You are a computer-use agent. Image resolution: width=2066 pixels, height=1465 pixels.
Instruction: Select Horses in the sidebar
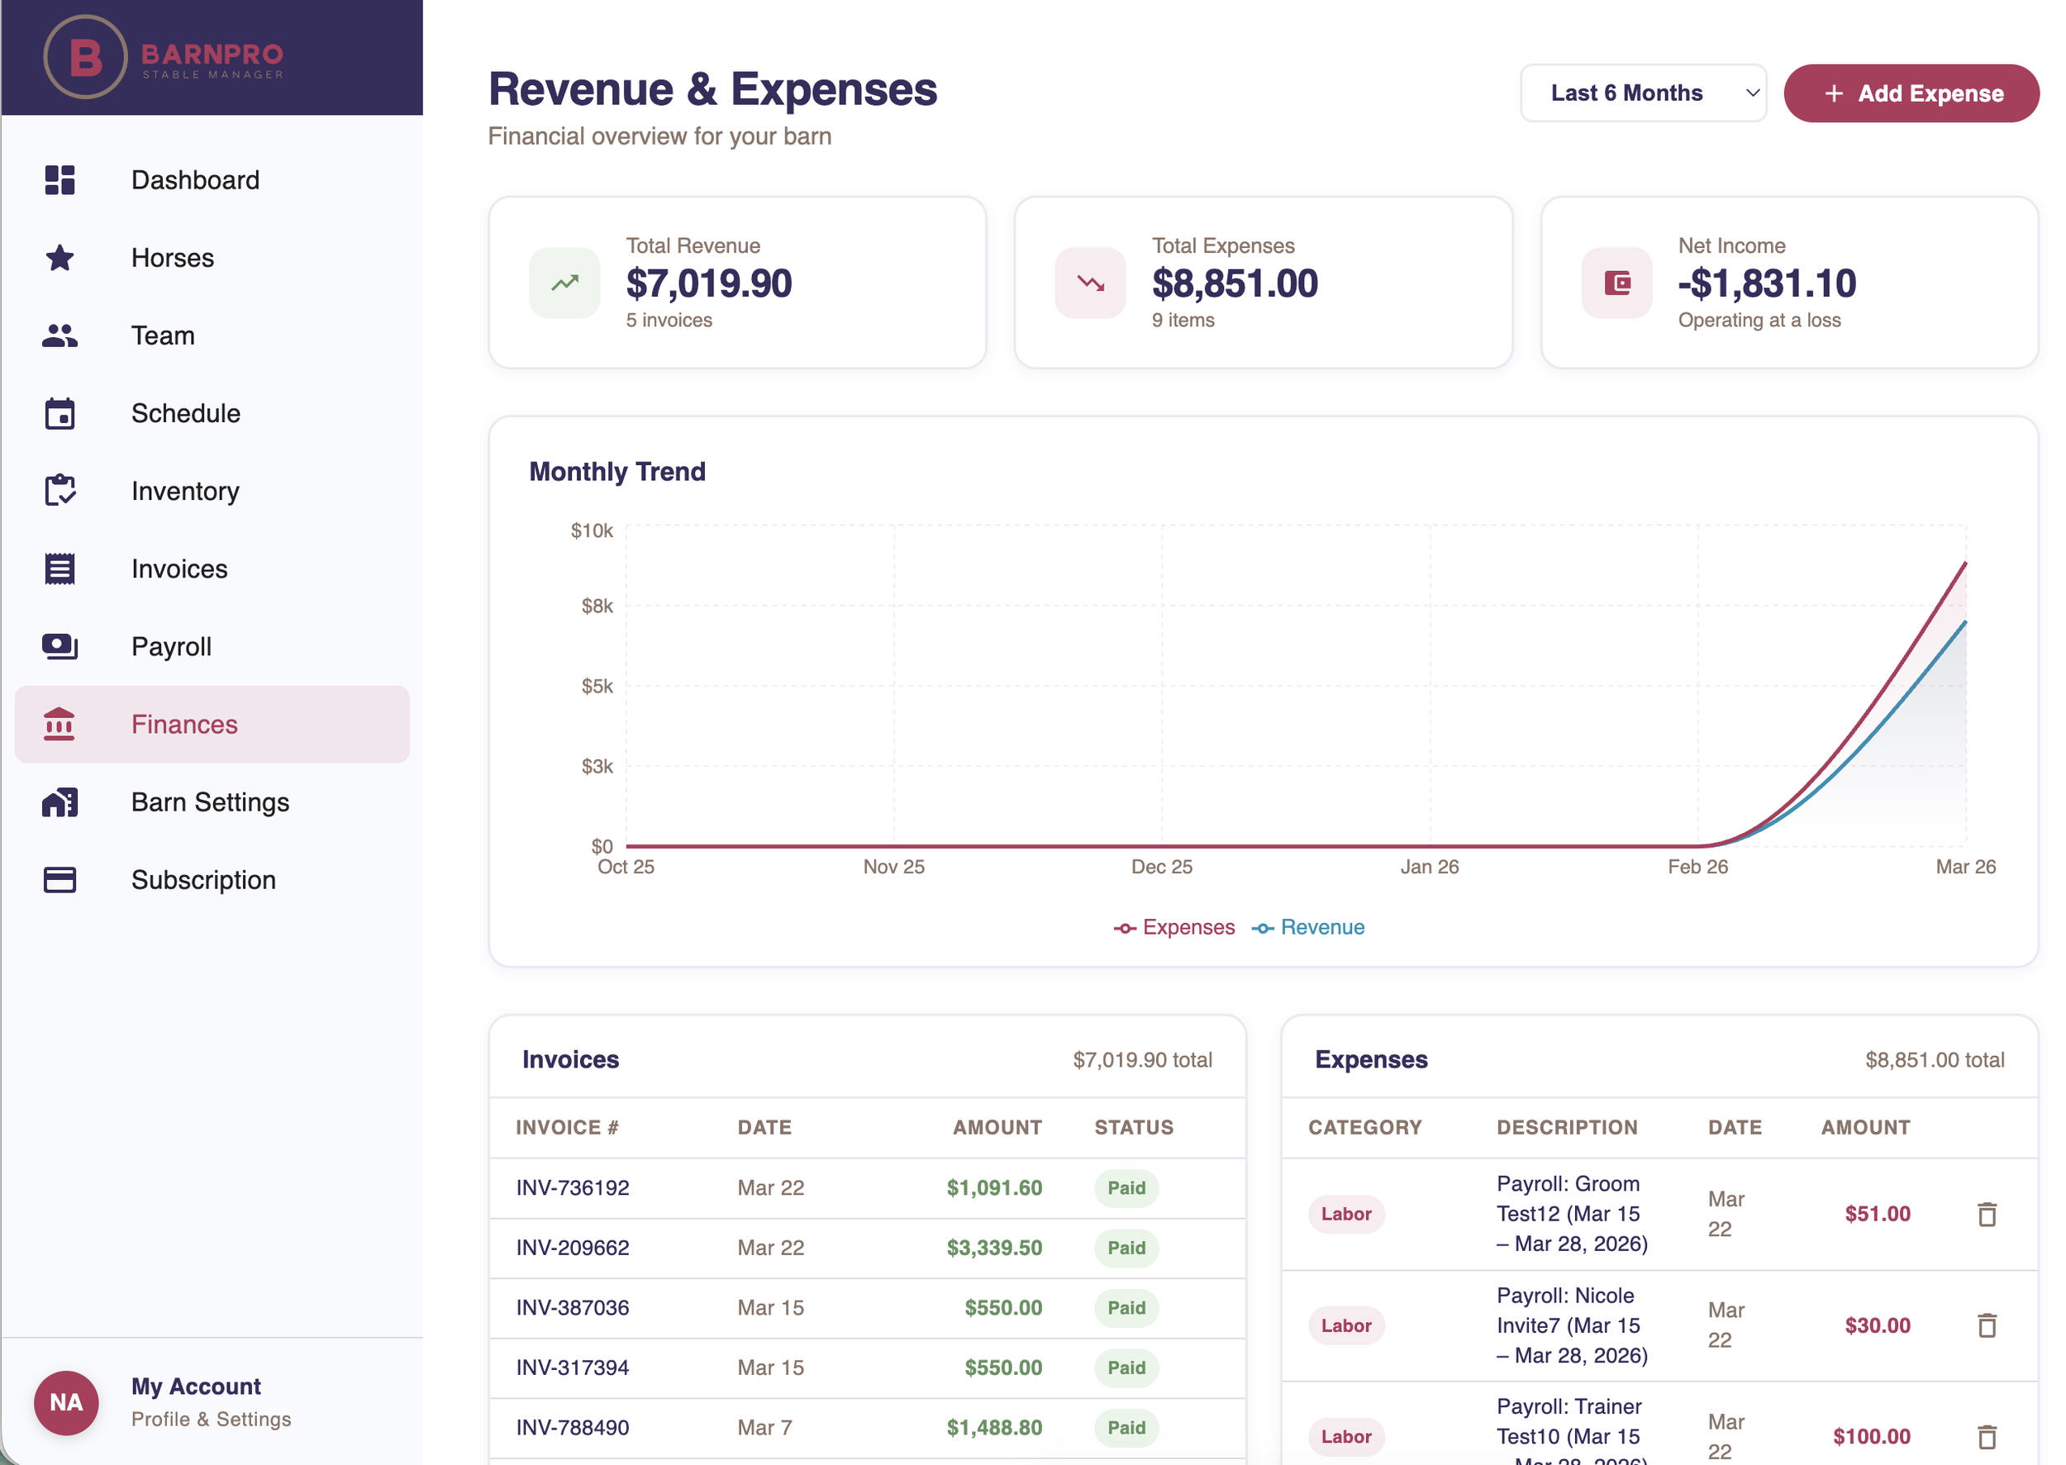click(x=173, y=258)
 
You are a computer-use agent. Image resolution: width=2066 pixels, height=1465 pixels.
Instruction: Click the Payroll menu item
click(x=171, y=647)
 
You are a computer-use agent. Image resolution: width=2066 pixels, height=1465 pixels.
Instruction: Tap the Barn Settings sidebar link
click(x=210, y=802)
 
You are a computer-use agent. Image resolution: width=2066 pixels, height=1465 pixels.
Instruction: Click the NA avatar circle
click(x=66, y=1402)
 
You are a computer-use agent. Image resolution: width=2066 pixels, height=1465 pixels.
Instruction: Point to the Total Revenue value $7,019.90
click(x=708, y=283)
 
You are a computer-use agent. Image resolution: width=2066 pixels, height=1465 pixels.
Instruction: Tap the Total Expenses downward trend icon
click(x=1090, y=283)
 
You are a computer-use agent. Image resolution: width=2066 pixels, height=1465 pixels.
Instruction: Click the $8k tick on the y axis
click(x=597, y=606)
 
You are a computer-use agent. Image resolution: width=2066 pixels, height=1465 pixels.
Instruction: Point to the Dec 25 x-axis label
click(x=1161, y=867)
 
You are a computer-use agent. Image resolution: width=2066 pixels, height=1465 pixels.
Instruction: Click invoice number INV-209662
click(x=572, y=1248)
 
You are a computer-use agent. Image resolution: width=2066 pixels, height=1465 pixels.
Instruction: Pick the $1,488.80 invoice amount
click(x=993, y=1427)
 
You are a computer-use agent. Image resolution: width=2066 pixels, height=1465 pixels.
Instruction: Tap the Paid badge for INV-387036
click(x=1126, y=1307)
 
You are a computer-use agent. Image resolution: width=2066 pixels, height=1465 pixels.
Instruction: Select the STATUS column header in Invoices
click(x=1133, y=1128)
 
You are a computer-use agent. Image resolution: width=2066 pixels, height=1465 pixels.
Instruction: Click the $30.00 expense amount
click(x=1877, y=1325)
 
